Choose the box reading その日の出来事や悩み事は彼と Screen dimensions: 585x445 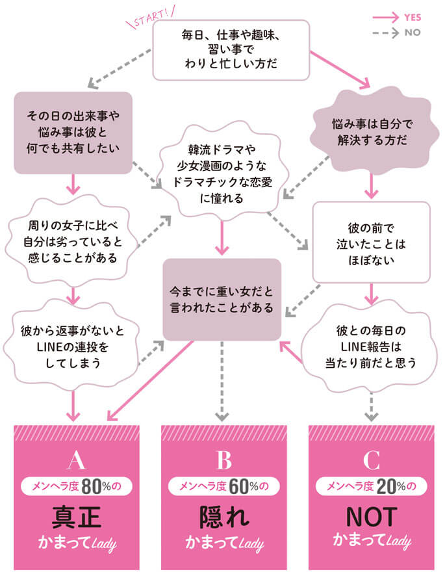[73, 133]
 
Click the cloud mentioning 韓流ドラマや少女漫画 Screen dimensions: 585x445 [222, 170]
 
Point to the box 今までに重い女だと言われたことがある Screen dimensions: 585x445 [222, 298]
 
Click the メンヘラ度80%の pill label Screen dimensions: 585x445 [76, 486]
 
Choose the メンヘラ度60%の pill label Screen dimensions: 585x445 [223, 486]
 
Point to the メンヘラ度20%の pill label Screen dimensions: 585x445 [372, 486]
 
